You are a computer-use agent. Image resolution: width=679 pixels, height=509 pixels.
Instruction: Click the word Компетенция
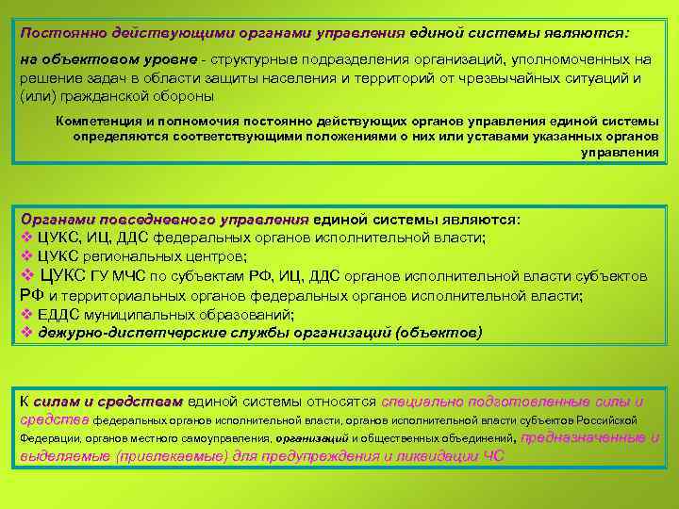coord(97,121)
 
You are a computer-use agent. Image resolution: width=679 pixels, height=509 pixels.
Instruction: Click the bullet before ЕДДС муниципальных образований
coord(26,315)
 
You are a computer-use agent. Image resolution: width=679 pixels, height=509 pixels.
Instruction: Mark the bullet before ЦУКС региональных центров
coord(26,255)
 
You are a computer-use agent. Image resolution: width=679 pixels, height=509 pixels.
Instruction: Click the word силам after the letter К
coord(58,401)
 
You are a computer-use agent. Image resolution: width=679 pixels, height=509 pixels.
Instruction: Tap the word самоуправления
coord(233,439)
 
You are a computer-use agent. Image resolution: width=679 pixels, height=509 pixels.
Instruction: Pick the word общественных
coord(410,439)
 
